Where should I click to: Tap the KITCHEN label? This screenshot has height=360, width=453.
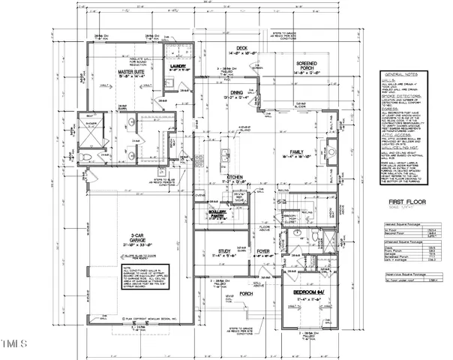238,178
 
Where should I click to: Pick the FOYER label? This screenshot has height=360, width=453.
262,251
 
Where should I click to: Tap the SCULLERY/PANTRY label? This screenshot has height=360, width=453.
217,214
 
